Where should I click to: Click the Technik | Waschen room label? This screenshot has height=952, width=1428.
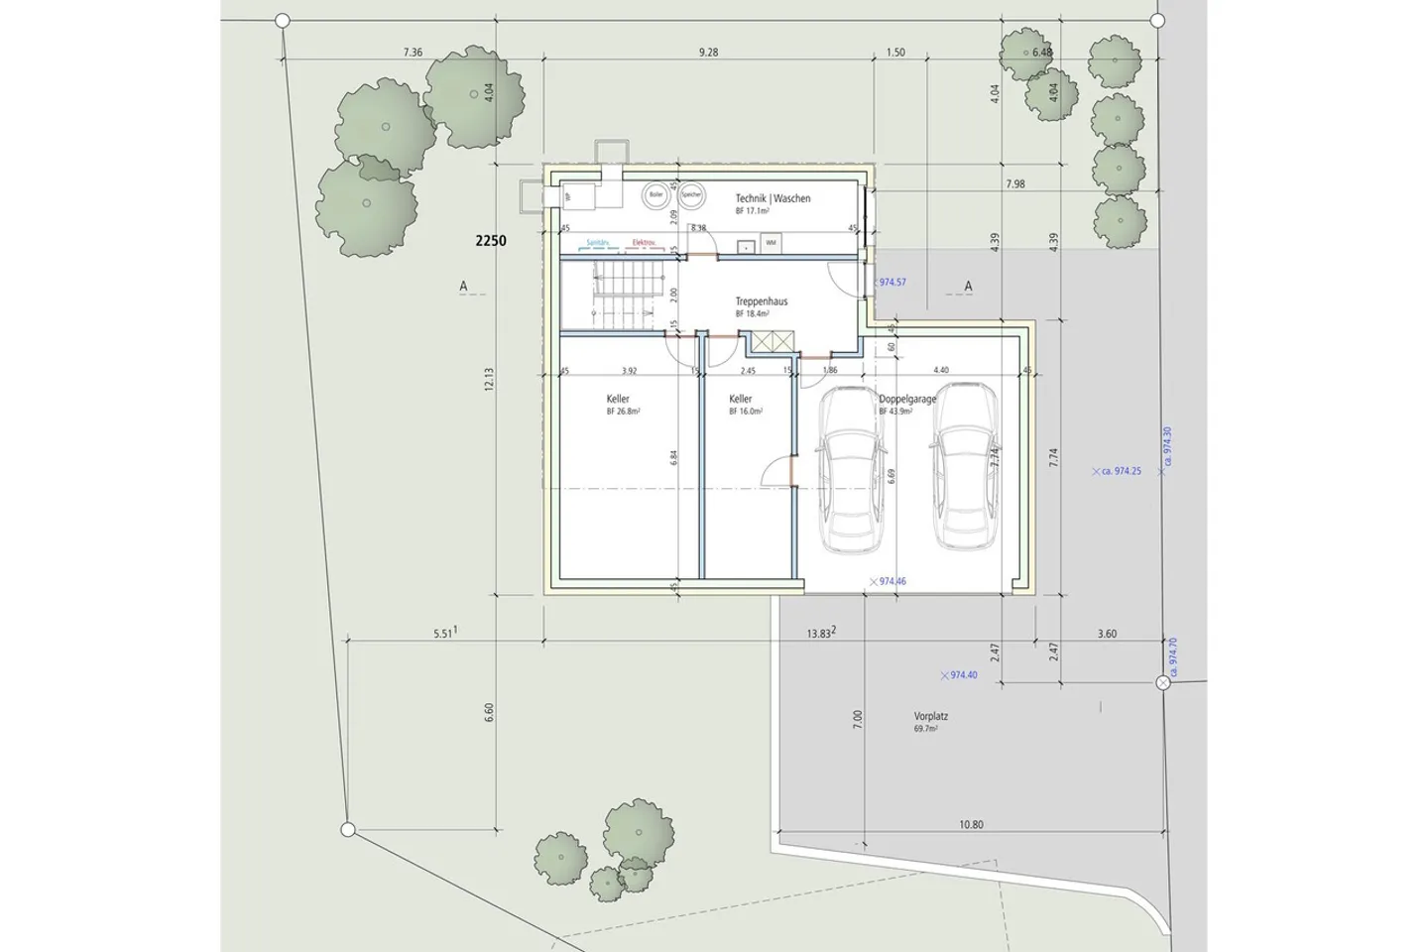773,198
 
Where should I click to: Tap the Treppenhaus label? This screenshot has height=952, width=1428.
762,301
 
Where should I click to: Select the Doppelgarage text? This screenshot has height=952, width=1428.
907,399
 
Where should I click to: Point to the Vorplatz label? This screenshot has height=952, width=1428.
931,716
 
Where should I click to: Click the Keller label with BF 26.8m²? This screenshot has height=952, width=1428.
618,399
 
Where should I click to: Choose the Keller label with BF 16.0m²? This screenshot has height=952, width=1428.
740,399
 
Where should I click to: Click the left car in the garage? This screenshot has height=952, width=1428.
850,470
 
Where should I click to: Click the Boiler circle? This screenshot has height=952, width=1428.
655,195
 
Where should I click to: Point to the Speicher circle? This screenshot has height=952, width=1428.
691,195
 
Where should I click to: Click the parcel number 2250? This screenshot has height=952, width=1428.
491,240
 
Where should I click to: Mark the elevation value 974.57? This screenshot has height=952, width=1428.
892,283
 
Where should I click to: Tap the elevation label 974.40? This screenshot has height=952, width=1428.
963,675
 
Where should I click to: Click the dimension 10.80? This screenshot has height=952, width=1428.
971,825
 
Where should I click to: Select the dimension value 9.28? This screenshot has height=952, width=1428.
708,53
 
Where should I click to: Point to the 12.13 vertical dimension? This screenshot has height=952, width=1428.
489,379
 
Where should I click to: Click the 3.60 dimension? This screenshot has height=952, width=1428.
1107,635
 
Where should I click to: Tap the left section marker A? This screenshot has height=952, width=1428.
463,287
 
